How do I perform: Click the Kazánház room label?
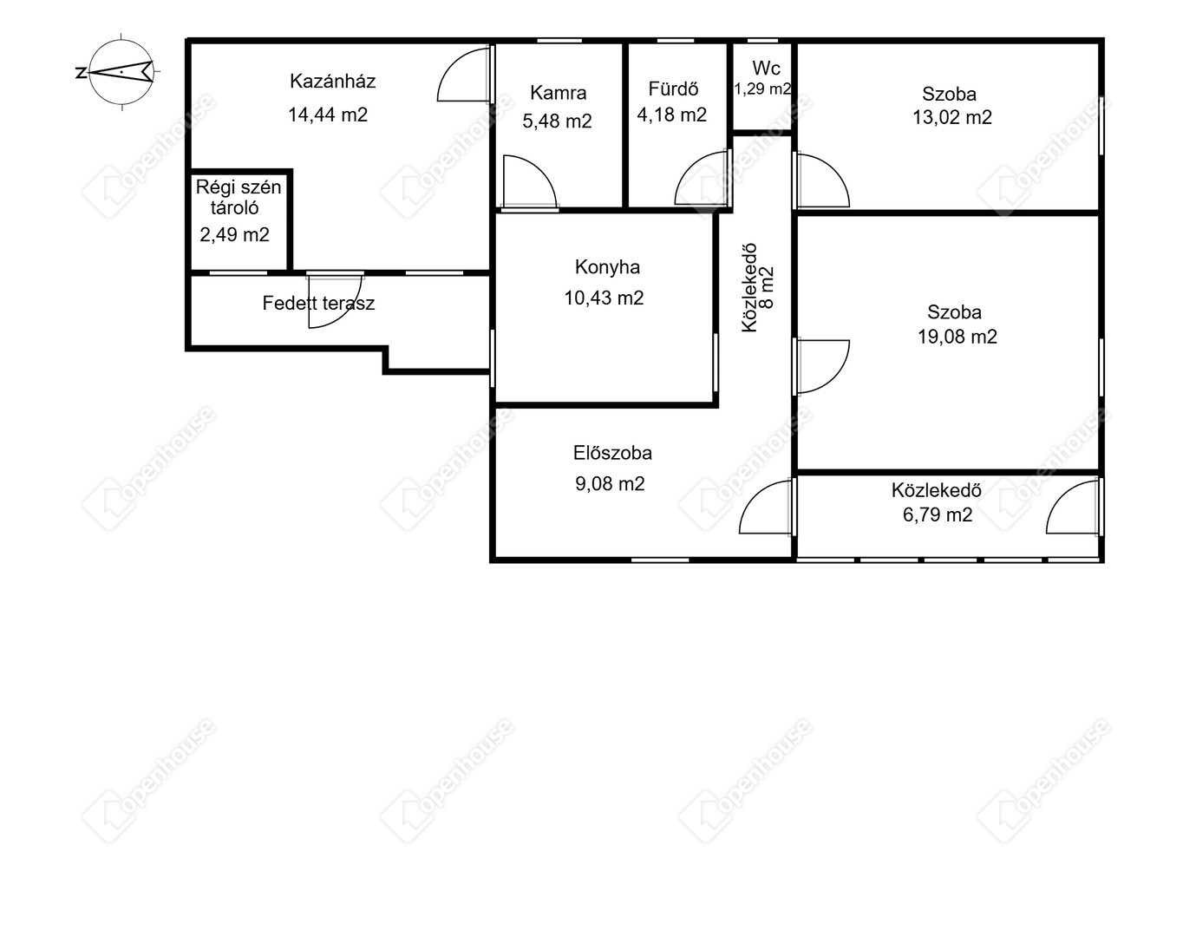(x=332, y=82)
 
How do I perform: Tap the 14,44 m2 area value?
(x=328, y=115)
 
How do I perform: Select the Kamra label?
(x=558, y=93)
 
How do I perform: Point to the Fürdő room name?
(x=673, y=88)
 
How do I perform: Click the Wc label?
(x=766, y=69)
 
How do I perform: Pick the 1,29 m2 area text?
(x=763, y=88)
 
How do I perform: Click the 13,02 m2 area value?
(x=952, y=117)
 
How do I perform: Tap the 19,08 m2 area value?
(x=957, y=337)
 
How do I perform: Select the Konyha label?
(x=607, y=267)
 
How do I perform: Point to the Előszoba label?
(x=612, y=453)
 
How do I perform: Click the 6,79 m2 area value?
(x=938, y=514)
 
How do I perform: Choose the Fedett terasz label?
(x=318, y=304)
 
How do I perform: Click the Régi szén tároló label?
(x=238, y=198)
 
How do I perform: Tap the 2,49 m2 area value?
(x=234, y=235)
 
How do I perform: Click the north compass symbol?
(x=121, y=71)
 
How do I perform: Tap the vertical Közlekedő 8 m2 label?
(x=758, y=288)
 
